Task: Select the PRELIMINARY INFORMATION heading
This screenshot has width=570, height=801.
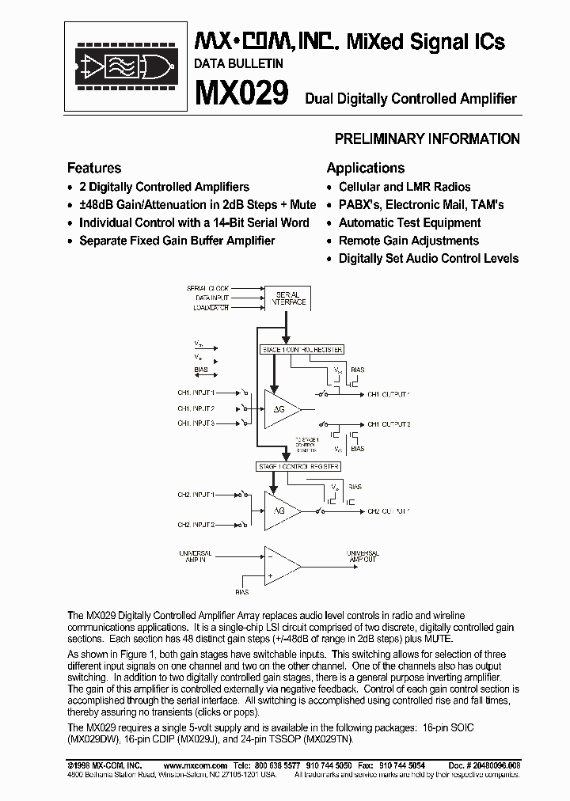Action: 427,139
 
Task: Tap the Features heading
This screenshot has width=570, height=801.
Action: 94,168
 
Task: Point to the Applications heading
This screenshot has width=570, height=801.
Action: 365,168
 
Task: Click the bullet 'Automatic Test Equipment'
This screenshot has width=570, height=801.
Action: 409,222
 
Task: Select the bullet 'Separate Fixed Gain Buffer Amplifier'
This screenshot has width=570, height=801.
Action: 177,241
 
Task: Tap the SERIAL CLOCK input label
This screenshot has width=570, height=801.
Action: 207,288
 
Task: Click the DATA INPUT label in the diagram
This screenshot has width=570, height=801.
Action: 209,298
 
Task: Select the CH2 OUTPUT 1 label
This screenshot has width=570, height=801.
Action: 388,511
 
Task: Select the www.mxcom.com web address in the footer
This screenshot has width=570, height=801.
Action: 187,766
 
